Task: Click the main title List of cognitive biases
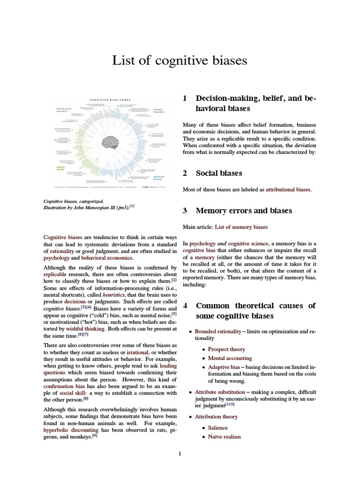click(180, 60)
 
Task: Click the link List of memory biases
click(241, 227)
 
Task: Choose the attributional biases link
click(288, 189)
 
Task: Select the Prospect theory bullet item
click(226, 349)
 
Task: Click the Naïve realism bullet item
click(224, 436)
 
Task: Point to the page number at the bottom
click(180, 454)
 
